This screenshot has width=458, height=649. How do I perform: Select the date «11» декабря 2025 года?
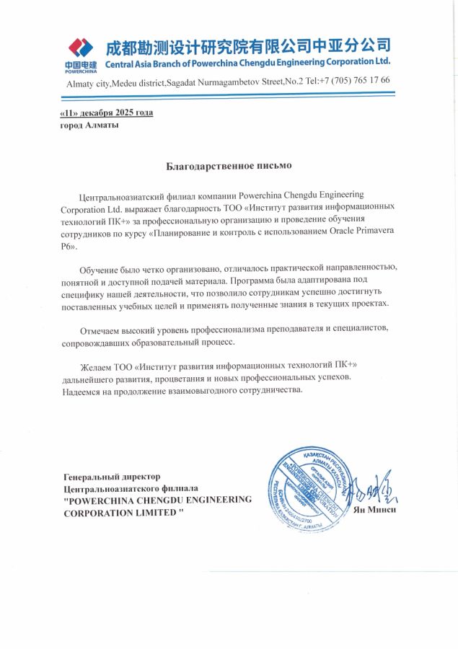[106, 112]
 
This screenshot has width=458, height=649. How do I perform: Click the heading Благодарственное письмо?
[229, 166]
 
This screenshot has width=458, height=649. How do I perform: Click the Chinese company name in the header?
[248, 48]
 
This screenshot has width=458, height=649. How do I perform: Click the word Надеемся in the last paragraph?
[84, 390]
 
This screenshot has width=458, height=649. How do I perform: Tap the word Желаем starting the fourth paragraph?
[97, 366]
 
